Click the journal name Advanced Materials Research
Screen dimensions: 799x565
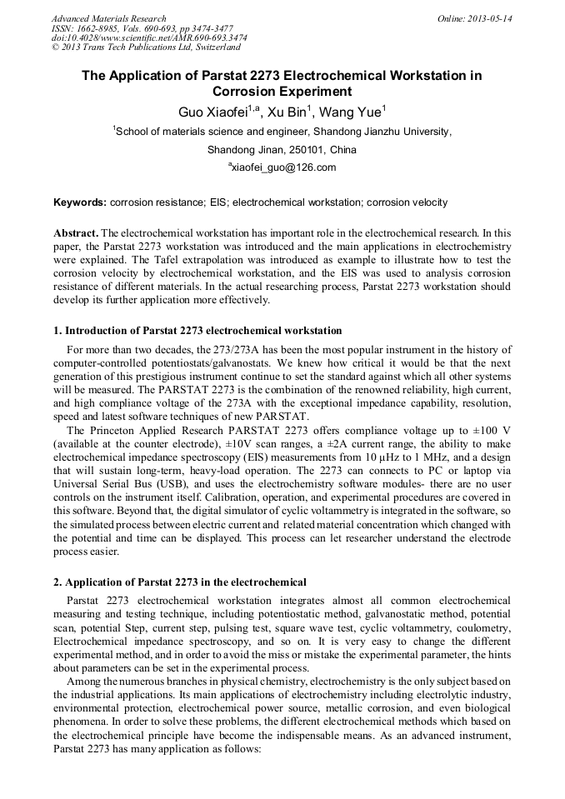coord(108,18)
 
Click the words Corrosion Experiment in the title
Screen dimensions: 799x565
coord(282,92)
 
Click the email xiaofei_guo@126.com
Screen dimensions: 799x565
coord(282,167)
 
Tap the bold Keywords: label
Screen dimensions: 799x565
coord(80,202)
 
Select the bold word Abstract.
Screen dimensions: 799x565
coord(75,233)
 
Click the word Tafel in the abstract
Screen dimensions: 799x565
coord(187,258)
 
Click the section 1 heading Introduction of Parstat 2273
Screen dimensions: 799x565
coord(197,331)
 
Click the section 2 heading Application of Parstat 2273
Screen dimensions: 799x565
coord(180,582)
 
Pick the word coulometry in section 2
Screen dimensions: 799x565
coord(482,627)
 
